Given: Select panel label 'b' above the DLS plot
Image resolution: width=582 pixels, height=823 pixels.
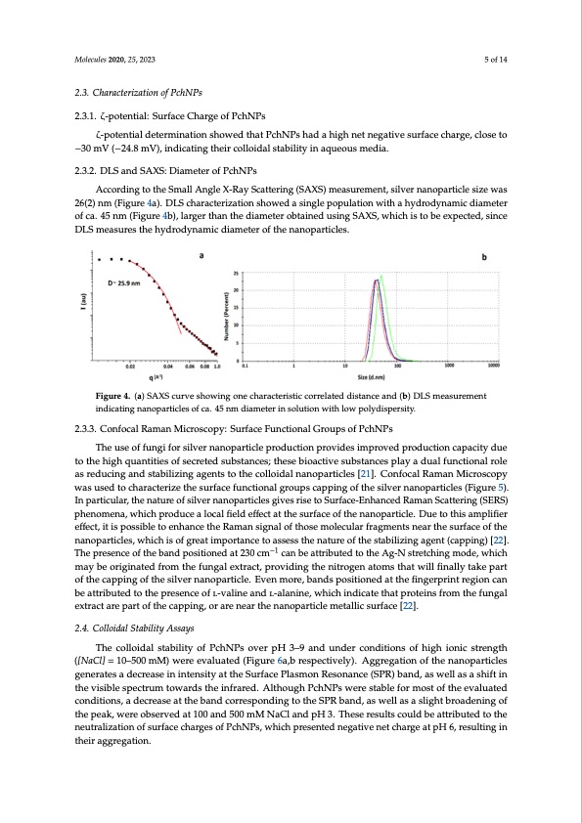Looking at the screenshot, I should [483, 257].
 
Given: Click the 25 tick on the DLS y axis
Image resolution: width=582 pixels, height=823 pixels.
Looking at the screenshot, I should [236, 273].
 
